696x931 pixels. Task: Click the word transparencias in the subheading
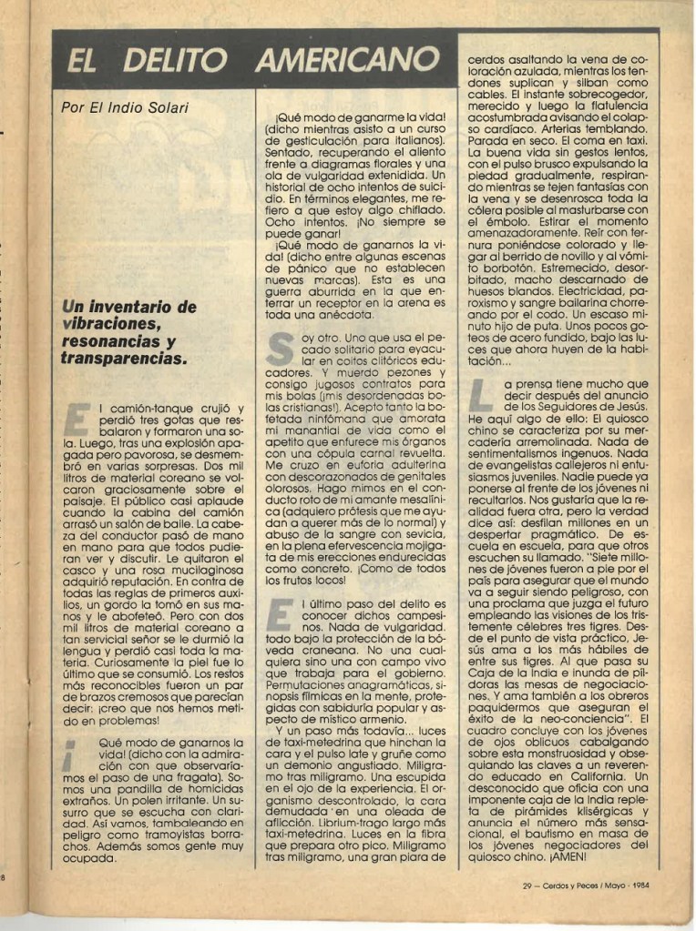[x=123, y=359]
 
